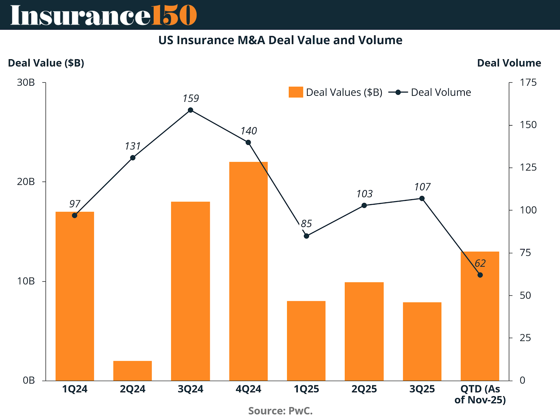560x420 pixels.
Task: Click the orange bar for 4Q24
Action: tap(248, 271)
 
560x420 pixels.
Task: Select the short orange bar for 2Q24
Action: tap(133, 371)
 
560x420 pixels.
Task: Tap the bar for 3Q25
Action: tap(422, 341)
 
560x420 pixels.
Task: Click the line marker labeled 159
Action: tap(190, 110)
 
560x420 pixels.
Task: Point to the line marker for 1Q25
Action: tap(306, 236)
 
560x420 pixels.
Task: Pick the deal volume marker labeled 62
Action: tap(480, 275)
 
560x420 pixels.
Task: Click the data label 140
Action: tap(248, 131)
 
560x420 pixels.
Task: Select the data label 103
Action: tap(364, 194)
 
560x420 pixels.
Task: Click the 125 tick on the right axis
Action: tap(528, 167)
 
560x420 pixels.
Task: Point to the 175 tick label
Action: tap(528, 83)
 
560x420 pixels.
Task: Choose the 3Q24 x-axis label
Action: tap(190, 389)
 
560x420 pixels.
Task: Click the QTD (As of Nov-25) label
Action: tap(480, 394)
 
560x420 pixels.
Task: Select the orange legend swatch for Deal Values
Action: tap(296, 92)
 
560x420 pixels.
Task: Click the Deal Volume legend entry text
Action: tap(441, 92)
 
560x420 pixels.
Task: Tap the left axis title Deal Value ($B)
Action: tap(46, 63)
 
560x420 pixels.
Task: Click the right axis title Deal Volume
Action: tap(509, 63)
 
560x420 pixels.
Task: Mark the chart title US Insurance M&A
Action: tap(280, 40)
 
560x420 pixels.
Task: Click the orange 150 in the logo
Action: tap(174, 15)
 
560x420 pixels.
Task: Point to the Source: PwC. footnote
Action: tap(280, 411)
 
